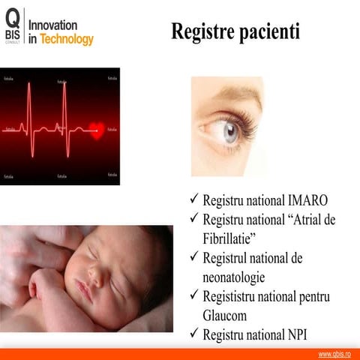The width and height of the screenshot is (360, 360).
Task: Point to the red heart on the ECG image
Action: click(x=95, y=129)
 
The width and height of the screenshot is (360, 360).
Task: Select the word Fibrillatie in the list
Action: click(x=229, y=238)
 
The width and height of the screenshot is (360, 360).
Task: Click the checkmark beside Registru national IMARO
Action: click(x=193, y=201)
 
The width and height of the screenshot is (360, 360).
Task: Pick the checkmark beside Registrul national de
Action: click(x=193, y=257)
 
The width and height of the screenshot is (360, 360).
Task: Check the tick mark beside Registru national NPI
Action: click(x=193, y=334)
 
